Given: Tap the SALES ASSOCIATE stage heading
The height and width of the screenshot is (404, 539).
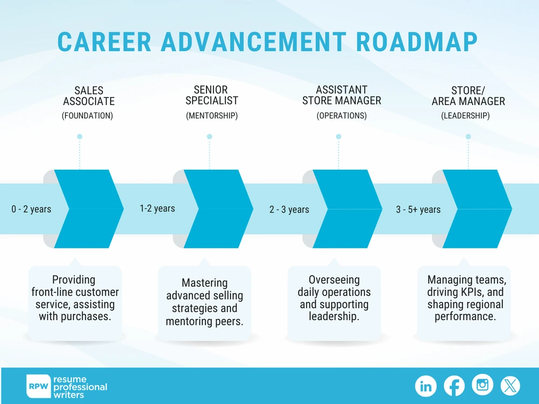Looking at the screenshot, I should point(89,96).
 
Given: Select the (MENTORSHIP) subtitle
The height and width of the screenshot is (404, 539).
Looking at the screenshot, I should point(212,116).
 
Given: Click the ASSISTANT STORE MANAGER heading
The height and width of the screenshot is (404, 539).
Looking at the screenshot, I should point(342,95).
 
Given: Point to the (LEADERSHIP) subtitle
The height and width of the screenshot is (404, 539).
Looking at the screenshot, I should point(465,116).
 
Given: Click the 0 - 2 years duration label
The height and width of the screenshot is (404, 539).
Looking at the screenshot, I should point(31,209).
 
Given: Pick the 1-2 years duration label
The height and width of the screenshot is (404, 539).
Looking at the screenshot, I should point(157,208).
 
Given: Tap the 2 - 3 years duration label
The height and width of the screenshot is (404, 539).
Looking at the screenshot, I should point(289,210).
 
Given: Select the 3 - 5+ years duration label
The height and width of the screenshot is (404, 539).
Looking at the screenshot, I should point(418,210).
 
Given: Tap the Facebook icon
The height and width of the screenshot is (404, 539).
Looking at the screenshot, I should point(454,386).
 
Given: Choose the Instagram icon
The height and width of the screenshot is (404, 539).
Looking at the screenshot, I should point(482,385).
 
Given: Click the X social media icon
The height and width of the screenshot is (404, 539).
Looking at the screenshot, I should point(510,386).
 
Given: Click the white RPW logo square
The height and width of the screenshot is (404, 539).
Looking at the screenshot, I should point(38,386).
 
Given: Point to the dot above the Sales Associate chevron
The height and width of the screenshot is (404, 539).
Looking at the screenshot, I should point(80,136).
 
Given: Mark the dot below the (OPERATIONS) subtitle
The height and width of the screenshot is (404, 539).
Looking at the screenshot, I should point(339,136).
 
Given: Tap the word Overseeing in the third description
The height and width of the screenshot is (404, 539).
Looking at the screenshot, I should point(334,280).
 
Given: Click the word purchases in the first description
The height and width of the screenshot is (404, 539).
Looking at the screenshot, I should point(85,316).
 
